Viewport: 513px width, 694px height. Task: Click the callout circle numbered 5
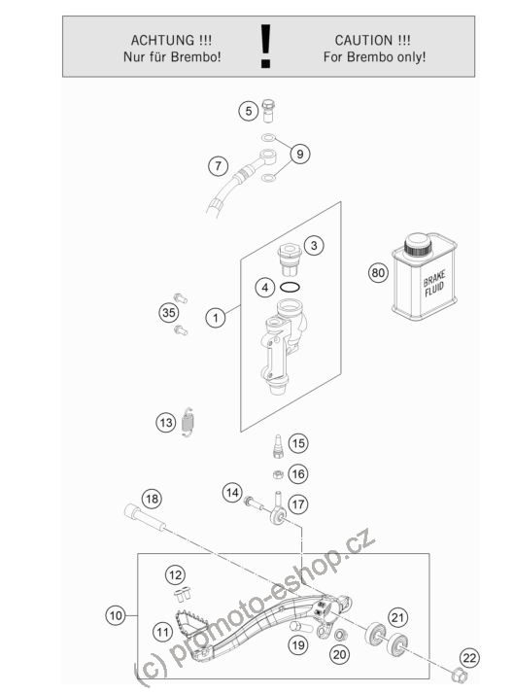pos(249,111)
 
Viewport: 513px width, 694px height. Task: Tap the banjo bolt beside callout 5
pos(268,111)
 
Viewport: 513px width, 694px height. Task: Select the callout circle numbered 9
pos(300,154)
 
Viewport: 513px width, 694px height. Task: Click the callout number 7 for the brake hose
pos(218,166)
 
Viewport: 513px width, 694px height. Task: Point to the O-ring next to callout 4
pos(291,288)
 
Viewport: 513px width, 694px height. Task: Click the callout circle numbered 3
pos(314,245)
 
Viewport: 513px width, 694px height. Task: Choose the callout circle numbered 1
pos(216,317)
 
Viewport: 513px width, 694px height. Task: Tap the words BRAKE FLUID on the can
pos(434,284)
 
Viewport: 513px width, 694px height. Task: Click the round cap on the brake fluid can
pos(418,244)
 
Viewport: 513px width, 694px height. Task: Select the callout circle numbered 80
pos(378,272)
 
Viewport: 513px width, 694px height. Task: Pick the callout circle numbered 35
pos(168,312)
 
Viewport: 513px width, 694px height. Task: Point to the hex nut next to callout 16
pos(277,475)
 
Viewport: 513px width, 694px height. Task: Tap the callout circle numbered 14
pos(232,493)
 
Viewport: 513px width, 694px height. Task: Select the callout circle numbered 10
pos(116,615)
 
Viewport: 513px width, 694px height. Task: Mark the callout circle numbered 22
pos(469,657)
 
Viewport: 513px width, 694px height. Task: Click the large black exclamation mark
pos(265,46)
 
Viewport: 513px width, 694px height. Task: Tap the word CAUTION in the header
pos(363,40)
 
